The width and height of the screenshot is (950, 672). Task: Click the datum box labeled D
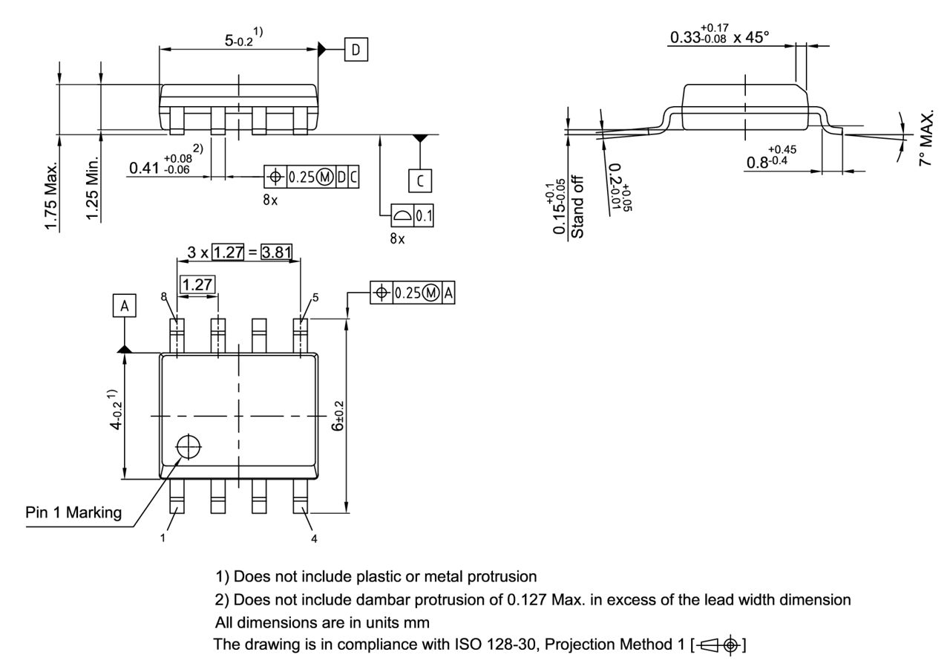[x=356, y=50]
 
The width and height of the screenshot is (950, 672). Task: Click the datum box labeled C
[x=421, y=180]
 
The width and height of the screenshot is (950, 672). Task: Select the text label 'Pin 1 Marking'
[x=74, y=514]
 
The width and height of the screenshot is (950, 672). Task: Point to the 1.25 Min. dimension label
[x=94, y=189]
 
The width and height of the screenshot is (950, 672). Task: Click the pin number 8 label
[x=164, y=296]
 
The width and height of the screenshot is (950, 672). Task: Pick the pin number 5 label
[x=315, y=297]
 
